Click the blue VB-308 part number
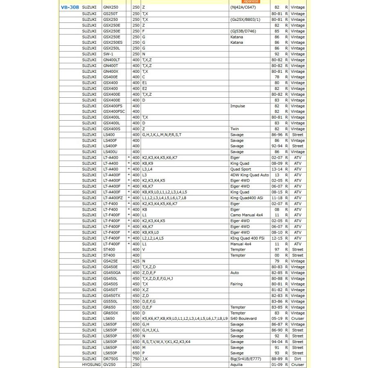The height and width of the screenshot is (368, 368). tap(70, 8)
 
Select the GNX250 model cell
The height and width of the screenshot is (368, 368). tap(110, 8)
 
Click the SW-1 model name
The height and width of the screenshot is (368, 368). tap(108, 54)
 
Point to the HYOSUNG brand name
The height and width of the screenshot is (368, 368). tap(91, 365)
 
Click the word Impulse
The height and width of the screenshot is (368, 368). tap(238, 106)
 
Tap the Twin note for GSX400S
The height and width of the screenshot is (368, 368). tap(234, 129)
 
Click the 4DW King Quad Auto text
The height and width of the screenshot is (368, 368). tap(249, 175)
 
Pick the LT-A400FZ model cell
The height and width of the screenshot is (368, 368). tap(113, 197)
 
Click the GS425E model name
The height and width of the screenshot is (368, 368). tap(110, 261)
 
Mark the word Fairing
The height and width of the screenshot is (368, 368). tap(236, 284)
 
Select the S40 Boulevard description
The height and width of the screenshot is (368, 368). tap(244, 319)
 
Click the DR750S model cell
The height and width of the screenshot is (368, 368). tap(110, 359)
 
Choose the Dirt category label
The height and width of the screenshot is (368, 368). tap(298, 359)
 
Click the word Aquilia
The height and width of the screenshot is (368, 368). tap(237, 365)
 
